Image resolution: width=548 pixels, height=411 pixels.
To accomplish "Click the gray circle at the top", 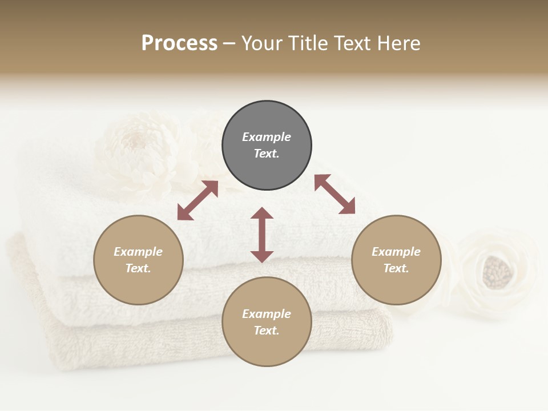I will (267, 146).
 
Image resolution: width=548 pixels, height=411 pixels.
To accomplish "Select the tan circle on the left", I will (138, 260).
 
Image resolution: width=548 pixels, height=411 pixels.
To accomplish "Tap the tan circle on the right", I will (396, 260).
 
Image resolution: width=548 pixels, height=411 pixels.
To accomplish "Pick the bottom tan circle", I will (267, 322).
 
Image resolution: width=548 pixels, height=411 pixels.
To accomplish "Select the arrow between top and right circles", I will (335, 194).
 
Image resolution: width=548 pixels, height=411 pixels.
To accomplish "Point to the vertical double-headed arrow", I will (262, 235).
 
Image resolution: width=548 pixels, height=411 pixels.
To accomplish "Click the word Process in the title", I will (179, 43).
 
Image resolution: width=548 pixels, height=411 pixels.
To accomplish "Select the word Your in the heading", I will (263, 43).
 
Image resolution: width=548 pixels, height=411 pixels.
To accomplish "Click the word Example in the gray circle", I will (267, 137).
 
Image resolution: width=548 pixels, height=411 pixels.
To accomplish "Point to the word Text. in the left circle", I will (138, 268).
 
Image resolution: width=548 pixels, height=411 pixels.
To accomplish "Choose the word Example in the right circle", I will (396, 252).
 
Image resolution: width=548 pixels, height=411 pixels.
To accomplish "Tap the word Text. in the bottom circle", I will (267, 331).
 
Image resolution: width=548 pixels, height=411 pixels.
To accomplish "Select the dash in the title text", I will (229, 43).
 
